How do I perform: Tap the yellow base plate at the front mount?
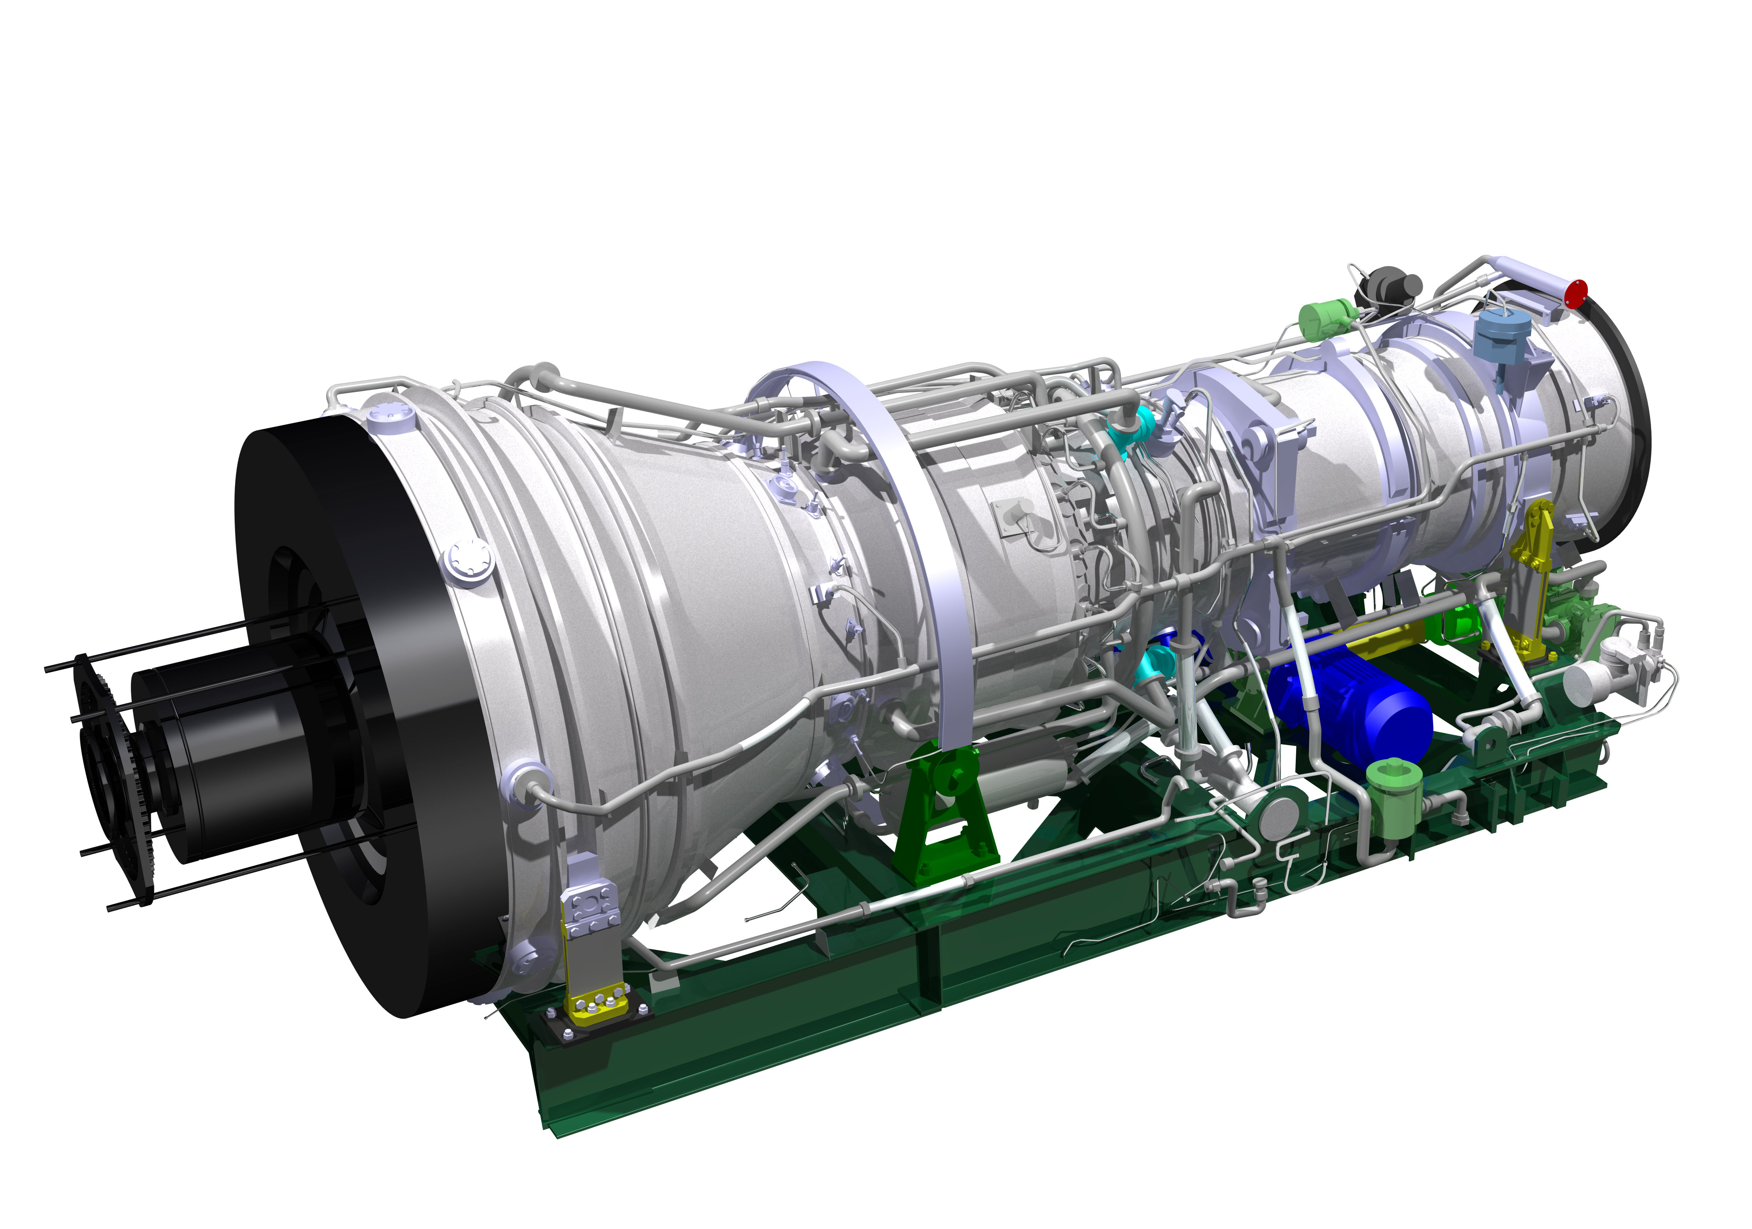point(599,1007)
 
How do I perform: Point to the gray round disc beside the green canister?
point(1282,816)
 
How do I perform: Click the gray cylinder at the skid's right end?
point(1583,681)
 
